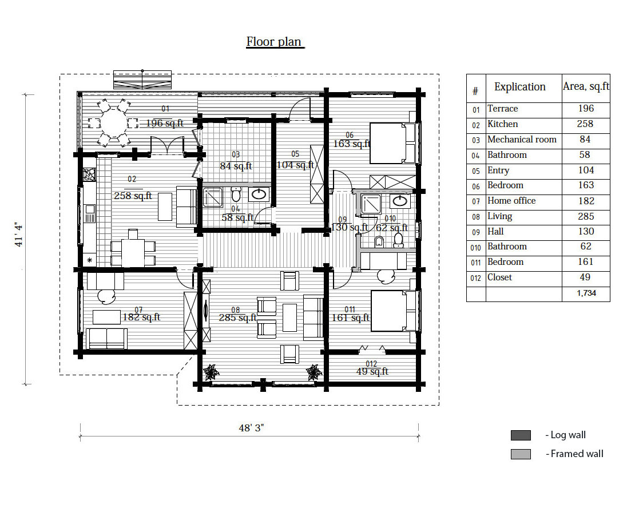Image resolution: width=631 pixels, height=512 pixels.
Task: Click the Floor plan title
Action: coord(275,42)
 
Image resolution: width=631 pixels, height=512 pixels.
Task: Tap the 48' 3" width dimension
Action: coord(251,428)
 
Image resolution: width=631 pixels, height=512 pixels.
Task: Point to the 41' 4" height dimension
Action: coord(19,235)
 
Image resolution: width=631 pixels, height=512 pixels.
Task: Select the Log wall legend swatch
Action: coord(521,435)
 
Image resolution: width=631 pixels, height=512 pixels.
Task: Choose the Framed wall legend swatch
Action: coord(521,454)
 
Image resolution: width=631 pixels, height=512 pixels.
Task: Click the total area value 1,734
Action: coord(586,293)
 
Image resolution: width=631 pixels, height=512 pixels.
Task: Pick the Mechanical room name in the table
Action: coord(522,139)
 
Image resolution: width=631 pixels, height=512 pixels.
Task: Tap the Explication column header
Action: coord(519,87)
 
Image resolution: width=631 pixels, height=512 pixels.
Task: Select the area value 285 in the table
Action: coord(586,216)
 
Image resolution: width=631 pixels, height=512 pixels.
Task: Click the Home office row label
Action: coord(511,200)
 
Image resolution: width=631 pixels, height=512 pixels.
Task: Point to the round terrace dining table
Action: coord(113,122)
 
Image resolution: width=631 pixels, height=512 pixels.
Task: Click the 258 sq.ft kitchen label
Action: coord(133,196)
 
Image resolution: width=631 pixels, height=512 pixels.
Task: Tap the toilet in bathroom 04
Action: coord(236,194)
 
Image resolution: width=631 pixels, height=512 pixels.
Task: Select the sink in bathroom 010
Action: coord(400,200)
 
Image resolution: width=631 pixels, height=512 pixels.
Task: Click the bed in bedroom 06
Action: coord(392,143)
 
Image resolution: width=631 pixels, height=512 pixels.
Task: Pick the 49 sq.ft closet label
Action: coord(372,371)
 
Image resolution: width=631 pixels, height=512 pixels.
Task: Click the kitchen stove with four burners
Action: coord(89,174)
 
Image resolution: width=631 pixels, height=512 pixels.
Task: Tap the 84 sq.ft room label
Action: coord(236,166)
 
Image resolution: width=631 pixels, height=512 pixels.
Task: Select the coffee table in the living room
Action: coord(289,317)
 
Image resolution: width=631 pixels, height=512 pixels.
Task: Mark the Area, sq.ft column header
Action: coord(586,86)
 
